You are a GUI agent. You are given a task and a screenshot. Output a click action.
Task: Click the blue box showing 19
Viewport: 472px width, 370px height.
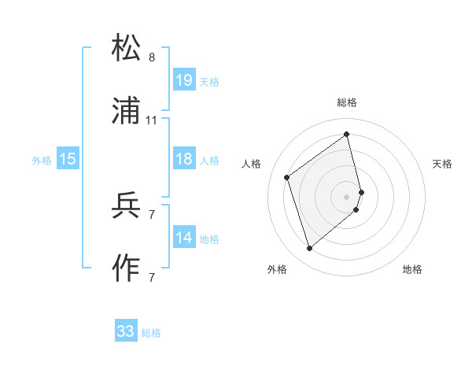[184, 80]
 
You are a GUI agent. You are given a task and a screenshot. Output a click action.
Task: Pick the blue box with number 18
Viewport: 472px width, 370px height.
[184, 159]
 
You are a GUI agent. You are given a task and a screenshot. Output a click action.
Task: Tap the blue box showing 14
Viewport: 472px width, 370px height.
[184, 238]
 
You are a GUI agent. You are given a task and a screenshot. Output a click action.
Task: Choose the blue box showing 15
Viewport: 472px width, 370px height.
[68, 159]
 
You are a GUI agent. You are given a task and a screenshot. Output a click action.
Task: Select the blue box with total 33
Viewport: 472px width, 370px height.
[126, 331]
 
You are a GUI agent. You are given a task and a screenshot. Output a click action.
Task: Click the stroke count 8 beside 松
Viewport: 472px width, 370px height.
[152, 57]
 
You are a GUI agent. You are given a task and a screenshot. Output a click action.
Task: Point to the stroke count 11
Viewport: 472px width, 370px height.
[152, 120]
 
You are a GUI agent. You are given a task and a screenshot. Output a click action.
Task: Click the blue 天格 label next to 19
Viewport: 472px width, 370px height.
[209, 81]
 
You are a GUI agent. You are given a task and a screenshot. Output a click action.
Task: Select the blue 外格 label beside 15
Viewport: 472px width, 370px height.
[42, 160]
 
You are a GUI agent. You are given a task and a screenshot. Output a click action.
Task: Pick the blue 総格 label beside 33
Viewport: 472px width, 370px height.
[151, 333]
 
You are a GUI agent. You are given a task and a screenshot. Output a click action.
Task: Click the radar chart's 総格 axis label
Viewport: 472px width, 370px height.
[347, 102]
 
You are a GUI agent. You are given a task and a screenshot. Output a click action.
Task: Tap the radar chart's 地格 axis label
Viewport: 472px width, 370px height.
[412, 269]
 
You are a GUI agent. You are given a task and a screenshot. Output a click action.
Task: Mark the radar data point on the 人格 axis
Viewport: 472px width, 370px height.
[287, 177]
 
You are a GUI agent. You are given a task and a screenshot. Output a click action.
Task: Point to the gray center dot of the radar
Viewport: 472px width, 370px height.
[347, 195]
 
